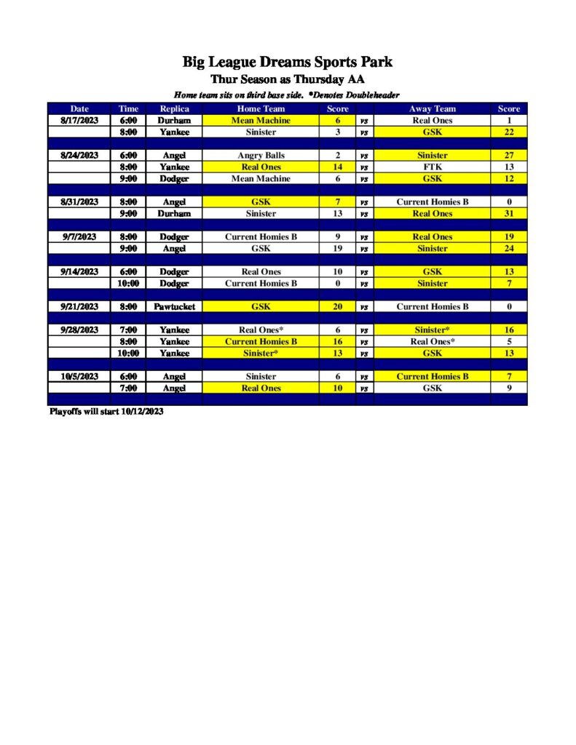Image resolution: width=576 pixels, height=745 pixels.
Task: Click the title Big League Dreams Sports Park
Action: [287, 62]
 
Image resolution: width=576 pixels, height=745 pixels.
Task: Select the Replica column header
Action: [174, 109]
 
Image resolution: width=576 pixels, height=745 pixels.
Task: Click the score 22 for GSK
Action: [509, 132]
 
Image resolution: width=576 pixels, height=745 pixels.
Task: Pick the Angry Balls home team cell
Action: [261, 156]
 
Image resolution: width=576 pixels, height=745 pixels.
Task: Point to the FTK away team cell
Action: [433, 167]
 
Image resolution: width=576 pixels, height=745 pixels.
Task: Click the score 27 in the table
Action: [509, 156]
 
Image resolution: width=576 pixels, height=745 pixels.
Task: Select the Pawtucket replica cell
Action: [174, 307]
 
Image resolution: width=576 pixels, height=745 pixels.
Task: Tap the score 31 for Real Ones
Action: [509, 214]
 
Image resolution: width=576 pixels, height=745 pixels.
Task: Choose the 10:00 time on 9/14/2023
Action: [128, 284]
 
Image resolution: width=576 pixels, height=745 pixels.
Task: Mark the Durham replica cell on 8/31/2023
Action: [174, 214]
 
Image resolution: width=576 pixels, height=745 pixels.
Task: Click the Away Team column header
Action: [433, 109]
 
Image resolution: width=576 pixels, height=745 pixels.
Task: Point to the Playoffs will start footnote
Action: [106, 412]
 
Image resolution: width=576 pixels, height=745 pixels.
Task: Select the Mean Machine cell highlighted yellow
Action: [261, 121]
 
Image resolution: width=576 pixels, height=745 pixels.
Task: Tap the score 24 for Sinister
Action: [509, 249]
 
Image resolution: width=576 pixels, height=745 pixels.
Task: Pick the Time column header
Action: [128, 109]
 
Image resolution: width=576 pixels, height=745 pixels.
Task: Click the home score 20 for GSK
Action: [337, 307]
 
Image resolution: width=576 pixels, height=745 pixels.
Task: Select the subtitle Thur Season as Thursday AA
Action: [287, 79]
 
